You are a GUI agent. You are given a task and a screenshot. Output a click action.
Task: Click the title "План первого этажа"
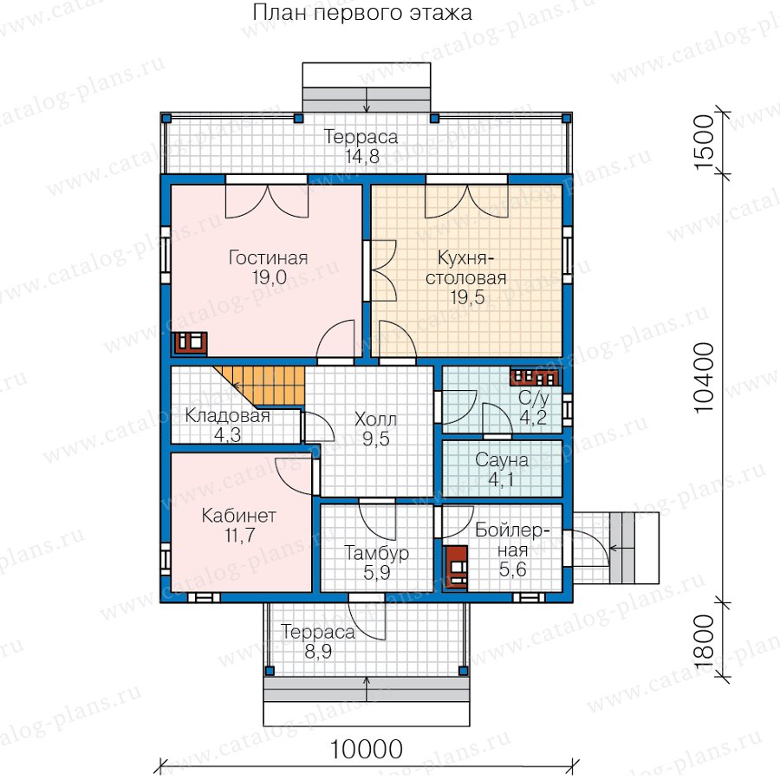tap(362, 13)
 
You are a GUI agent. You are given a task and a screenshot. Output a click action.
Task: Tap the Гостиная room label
tap(268, 257)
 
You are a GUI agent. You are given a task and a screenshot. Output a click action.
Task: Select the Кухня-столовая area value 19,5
tap(467, 297)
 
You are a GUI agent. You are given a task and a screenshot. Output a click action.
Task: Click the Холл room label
tap(375, 419)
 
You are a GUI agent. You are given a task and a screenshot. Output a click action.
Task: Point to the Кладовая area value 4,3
tap(227, 435)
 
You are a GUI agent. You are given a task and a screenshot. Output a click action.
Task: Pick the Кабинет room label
tap(239, 516)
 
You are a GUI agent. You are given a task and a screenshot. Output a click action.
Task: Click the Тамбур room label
tap(377, 553)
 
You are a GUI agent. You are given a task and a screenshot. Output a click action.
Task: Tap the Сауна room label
tap(502, 459)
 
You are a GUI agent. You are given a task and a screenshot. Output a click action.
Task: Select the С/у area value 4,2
tap(533, 418)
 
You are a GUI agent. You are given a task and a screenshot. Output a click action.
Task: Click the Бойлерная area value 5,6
tap(513, 569)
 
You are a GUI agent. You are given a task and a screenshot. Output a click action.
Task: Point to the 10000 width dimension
tap(366, 749)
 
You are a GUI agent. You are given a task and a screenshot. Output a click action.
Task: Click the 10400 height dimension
tap(704, 378)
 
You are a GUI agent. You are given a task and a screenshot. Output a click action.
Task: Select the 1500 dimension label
tap(704, 143)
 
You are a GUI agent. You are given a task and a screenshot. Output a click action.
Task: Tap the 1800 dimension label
tap(704, 643)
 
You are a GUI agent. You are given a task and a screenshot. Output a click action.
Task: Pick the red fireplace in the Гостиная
tap(189, 342)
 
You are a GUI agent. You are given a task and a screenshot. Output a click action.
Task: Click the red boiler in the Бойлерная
tap(455, 568)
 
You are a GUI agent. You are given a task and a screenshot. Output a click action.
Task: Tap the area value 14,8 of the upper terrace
tap(362, 157)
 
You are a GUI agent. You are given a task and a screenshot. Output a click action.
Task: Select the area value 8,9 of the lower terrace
tap(318, 651)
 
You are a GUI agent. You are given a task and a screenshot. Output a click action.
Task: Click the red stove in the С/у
tap(534, 377)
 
